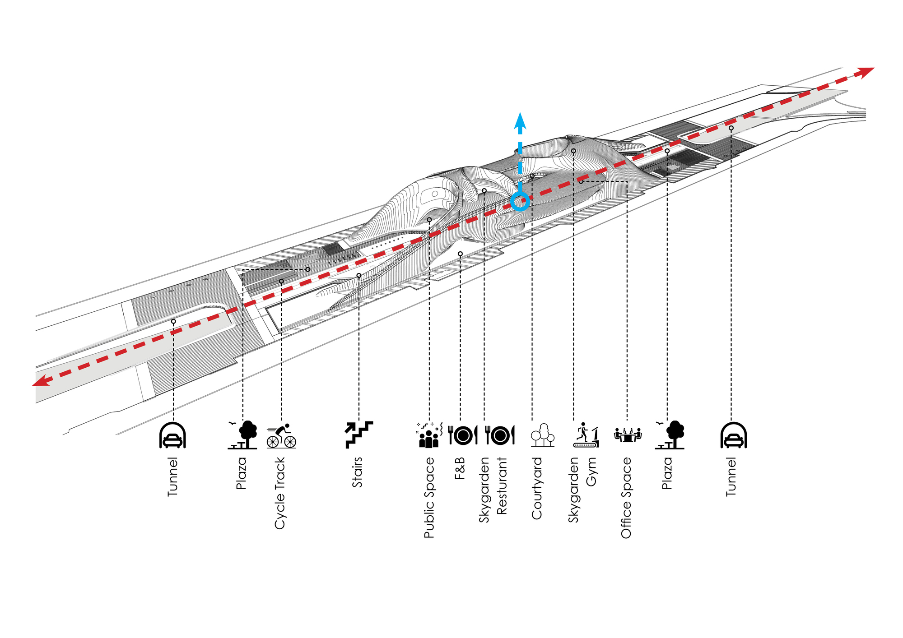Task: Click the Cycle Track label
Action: (280, 493)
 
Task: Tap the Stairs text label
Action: (357, 472)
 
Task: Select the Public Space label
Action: (429, 498)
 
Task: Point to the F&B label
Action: (460, 468)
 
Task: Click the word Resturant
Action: (502, 485)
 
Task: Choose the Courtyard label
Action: (537, 488)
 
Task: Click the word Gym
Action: (591, 472)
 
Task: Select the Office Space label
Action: (626, 498)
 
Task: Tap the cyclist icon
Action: (281, 436)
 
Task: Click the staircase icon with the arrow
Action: (359, 435)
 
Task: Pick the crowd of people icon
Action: (428, 435)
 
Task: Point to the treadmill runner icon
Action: (586, 435)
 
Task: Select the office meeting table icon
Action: (628, 435)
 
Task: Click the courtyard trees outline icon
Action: (542, 435)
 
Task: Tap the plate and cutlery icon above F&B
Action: (463, 435)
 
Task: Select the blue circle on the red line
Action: (520, 201)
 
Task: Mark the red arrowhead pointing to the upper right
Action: (864, 72)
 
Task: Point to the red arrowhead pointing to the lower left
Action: (42, 380)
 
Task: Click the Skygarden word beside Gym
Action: (573, 490)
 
